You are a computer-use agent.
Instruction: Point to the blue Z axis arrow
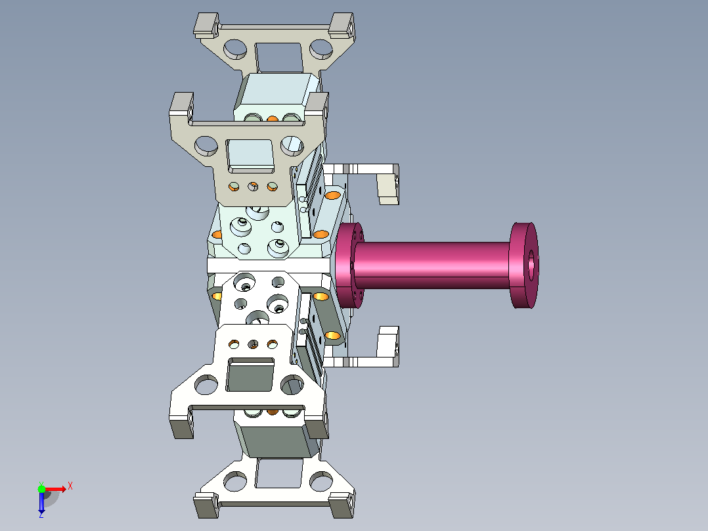[x=41, y=502]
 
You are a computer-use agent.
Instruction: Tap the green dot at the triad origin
[x=41, y=489]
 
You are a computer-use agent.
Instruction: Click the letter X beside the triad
[x=70, y=486]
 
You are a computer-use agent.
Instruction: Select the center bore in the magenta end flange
[x=531, y=265]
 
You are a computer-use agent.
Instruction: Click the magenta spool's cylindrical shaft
[x=433, y=265]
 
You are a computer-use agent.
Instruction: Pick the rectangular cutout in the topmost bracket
[x=278, y=57]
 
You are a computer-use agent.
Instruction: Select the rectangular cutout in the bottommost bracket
[x=278, y=473]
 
